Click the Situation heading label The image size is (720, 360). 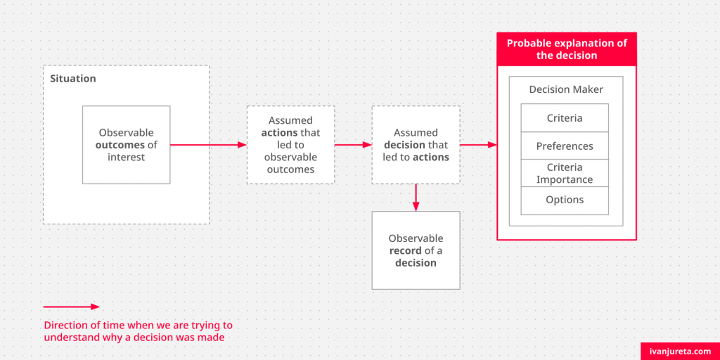[x=73, y=79]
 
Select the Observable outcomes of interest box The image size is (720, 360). [x=127, y=145]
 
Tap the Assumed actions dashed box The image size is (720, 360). [x=290, y=145]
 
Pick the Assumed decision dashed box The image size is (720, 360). [x=416, y=145]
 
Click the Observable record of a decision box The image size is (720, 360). [x=416, y=250]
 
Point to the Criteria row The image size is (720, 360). [x=565, y=118]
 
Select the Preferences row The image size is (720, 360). [x=565, y=146]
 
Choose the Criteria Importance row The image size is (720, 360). [x=565, y=173]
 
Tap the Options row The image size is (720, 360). [x=565, y=200]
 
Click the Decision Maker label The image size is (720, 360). [x=566, y=89]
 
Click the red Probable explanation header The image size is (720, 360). [x=567, y=49]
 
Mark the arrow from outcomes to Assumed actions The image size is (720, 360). [x=208, y=145]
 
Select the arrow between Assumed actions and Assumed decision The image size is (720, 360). [x=353, y=145]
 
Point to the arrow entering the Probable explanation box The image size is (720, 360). [x=478, y=145]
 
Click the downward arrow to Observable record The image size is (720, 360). [x=416, y=198]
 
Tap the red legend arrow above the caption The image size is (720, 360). [x=72, y=307]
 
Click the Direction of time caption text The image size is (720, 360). [x=139, y=332]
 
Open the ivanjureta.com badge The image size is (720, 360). [x=680, y=352]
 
